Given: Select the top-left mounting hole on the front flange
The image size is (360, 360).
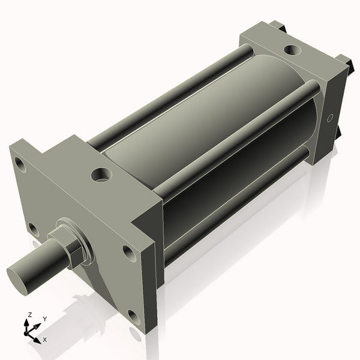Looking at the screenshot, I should tap(20, 163).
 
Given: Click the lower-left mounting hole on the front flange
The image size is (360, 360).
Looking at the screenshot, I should tap(33, 229).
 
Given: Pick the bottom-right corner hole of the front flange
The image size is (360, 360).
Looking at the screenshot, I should tap(133, 317).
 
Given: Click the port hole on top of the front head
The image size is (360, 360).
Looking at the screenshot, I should tap(101, 175).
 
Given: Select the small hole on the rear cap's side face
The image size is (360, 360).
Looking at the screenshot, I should tap(329, 119).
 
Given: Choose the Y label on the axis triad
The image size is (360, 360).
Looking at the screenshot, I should tap(44, 319).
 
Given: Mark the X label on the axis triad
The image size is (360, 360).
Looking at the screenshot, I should tap(44, 340).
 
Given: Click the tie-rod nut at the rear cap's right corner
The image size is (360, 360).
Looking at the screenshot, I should tap(344, 61).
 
